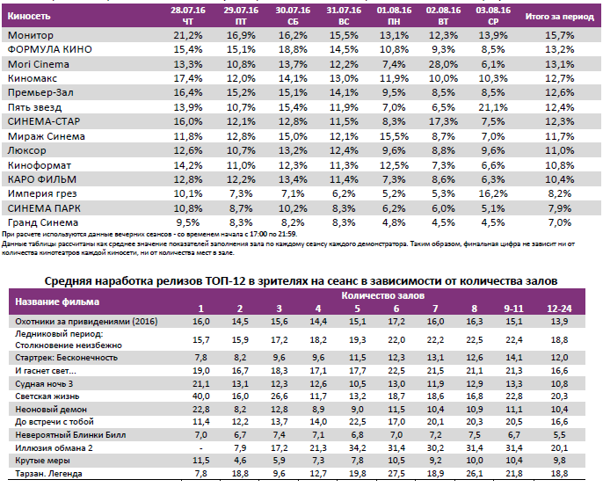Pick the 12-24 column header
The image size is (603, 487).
tap(556, 308)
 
